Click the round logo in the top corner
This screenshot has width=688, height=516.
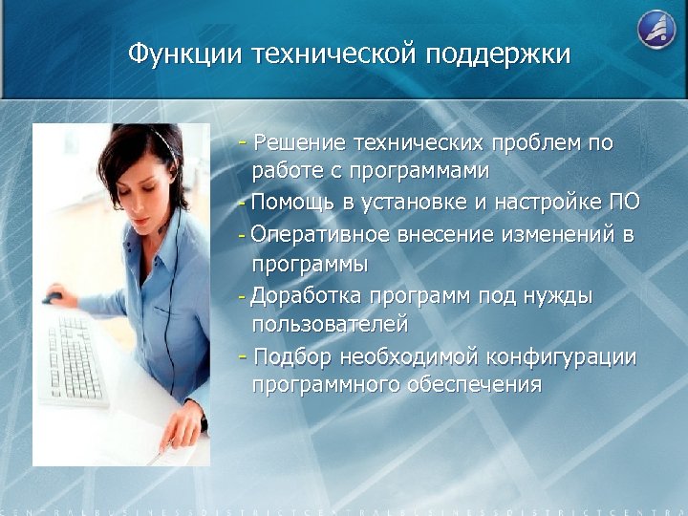click(x=656, y=31)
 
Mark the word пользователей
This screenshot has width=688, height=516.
click(x=330, y=325)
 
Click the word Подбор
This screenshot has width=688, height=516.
click(x=292, y=357)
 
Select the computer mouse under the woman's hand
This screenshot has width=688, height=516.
click(x=54, y=297)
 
